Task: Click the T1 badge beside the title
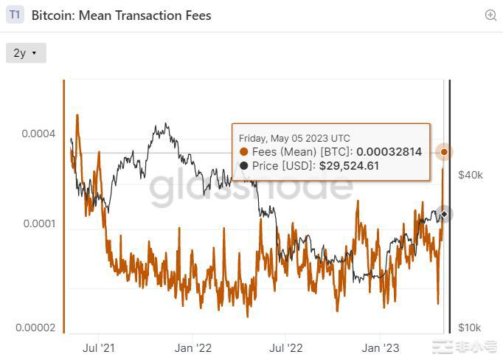point(15,15)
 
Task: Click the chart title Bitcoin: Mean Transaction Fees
point(122,15)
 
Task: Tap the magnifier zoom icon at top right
point(490,15)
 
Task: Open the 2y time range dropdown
point(26,53)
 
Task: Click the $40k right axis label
point(471,175)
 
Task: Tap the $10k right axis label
point(471,328)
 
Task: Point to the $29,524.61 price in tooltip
point(349,166)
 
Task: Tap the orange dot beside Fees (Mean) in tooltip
point(245,152)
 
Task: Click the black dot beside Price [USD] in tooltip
point(245,166)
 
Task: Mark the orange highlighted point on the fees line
point(444,152)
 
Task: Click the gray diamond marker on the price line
point(444,214)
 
